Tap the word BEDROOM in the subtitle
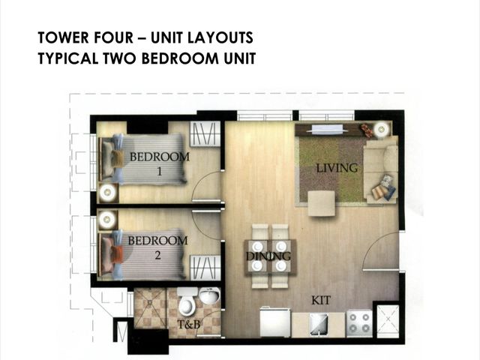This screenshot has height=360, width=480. tap(180, 58)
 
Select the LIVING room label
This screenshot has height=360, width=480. tap(337, 168)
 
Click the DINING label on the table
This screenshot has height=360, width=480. tap(268, 256)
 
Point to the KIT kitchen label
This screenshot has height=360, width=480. tap(321, 300)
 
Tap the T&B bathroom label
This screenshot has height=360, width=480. tap(188, 324)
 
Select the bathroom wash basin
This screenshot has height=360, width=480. tap(210, 295)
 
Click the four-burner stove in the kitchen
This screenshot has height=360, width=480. tap(359, 324)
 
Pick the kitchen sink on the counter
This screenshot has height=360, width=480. tap(319, 324)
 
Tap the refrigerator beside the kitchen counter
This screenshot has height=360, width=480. tap(275, 322)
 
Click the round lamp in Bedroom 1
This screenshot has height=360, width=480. tap(107, 193)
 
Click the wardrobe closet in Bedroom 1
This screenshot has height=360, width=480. tap(205, 133)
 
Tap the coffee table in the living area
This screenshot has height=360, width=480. tap(322, 203)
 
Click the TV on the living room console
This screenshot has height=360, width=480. tap(327, 129)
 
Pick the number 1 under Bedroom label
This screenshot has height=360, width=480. tap(159, 172)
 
